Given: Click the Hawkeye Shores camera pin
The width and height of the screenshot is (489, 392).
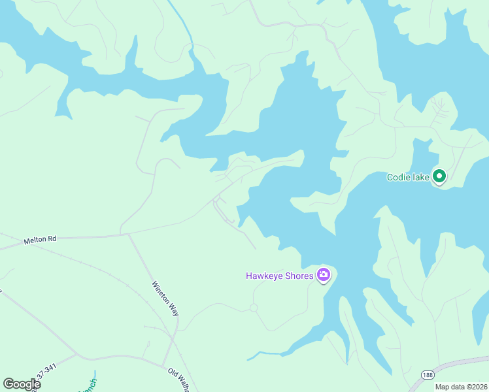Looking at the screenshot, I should [323, 275].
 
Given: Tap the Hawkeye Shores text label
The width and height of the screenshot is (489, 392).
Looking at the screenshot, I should [280, 276].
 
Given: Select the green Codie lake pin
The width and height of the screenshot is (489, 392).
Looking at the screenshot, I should [440, 176].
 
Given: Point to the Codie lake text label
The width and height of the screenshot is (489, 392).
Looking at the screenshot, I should [408, 177].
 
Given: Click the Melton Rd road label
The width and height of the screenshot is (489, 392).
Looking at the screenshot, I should [40, 240].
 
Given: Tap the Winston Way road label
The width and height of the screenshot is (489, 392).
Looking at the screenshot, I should [165, 299].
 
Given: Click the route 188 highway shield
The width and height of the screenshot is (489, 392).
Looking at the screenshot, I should [428, 375].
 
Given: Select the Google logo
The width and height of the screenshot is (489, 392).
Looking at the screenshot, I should [22, 384].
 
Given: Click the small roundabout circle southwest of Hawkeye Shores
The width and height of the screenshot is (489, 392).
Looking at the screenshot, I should [254, 308].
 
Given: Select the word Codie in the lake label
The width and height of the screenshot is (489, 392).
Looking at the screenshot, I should [399, 177].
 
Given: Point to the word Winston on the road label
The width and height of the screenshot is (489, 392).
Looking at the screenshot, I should [161, 291].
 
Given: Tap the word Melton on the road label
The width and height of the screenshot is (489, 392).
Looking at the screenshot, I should [35, 240].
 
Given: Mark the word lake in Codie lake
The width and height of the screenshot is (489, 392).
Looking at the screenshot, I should [420, 177].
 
